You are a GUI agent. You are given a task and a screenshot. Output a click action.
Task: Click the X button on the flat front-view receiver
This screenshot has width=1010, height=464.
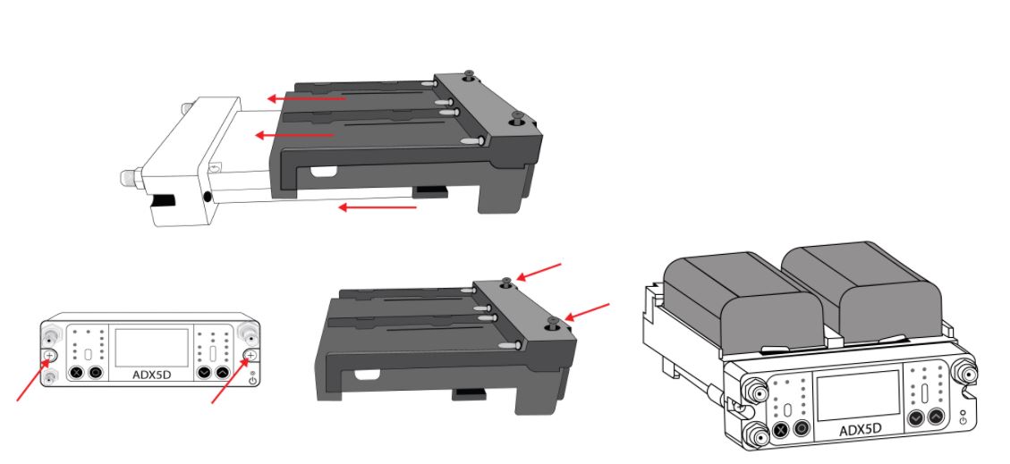click(x=77, y=372)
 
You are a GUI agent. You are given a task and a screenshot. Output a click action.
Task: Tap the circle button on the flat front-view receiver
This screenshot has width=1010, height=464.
click(x=96, y=372)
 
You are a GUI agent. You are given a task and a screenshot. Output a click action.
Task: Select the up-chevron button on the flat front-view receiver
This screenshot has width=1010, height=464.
click(x=222, y=372)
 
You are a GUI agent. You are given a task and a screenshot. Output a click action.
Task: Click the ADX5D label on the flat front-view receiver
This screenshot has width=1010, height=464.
click(x=150, y=375)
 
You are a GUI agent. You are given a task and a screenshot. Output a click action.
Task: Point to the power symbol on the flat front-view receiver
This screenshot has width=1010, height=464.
click(x=252, y=380)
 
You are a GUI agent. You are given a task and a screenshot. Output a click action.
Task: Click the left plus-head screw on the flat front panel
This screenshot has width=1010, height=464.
click(x=50, y=355)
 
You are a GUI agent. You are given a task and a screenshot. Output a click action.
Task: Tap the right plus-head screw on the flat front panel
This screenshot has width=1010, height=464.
click(x=251, y=355)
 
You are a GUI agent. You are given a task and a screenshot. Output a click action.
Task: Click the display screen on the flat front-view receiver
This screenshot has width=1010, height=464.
click(x=151, y=348)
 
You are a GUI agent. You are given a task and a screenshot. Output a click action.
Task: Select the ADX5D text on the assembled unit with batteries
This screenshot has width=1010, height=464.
click(x=860, y=429)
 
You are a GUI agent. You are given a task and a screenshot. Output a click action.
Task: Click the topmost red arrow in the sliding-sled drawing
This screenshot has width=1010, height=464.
click(x=307, y=98)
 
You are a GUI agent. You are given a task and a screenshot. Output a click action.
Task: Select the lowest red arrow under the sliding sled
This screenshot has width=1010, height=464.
click(x=378, y=207)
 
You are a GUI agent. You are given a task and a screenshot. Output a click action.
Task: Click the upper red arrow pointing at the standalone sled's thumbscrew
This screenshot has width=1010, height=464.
click(x=539, y=272)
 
